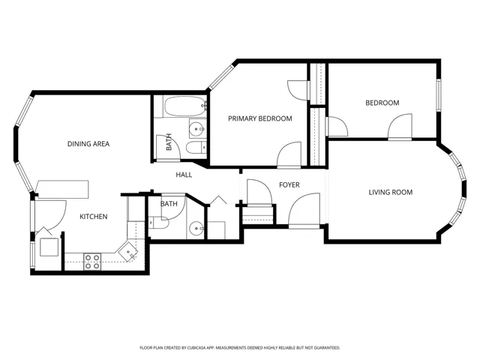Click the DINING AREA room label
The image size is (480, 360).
coord(88,144)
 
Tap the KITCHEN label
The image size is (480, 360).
coord(94,217)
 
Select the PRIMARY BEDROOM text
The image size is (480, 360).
coord(260,118)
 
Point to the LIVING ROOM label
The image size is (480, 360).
coord(391,192)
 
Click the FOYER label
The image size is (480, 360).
coord(289,185)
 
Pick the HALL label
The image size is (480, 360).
coord(184,175)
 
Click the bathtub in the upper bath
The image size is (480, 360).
coord(185,106)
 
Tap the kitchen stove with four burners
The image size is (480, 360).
coord(92,262)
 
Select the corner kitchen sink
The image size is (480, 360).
coord(128,252)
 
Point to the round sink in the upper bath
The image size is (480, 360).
coord(196,130)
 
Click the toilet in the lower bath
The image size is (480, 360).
coord(159,223)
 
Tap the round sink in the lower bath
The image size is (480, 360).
coord(196,228)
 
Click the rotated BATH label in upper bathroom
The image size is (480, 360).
coord(169,142)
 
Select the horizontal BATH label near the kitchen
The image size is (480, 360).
coord(169,203)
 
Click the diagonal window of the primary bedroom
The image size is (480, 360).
coord(222,76)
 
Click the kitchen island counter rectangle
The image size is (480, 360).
coord(62,190)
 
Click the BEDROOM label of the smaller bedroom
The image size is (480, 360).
coord(382,103)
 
